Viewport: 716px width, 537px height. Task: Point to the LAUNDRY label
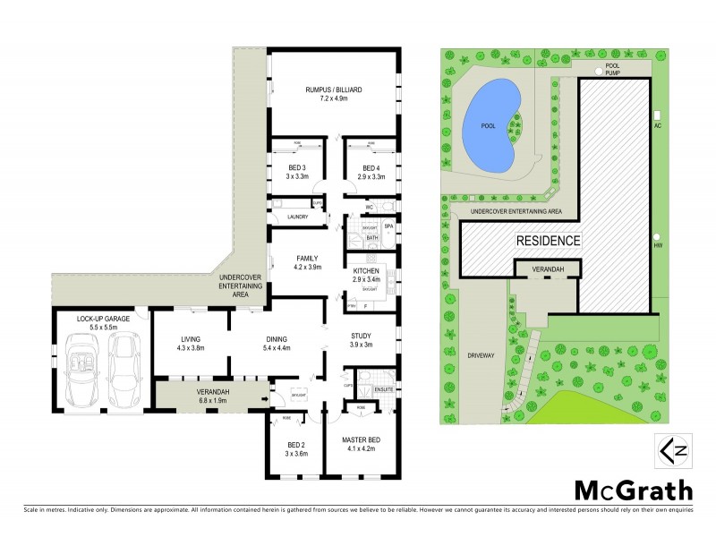298,217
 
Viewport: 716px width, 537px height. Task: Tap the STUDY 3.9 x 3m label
361,340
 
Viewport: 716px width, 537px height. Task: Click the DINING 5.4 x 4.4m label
277,342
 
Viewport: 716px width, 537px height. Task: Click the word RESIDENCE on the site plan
548,241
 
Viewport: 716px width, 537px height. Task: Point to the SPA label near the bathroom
388,226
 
